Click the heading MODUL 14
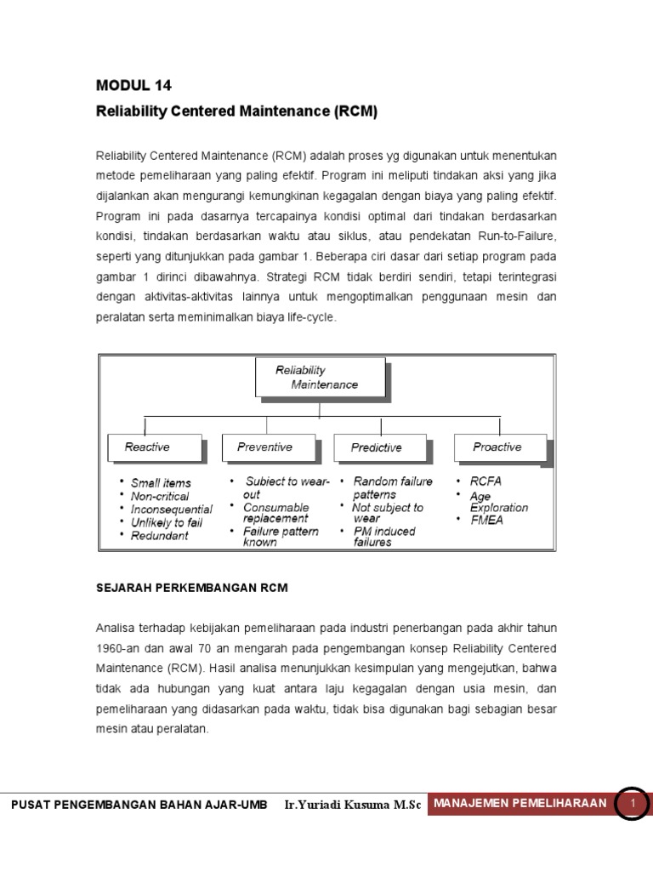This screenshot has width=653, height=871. click(x=139, y=84)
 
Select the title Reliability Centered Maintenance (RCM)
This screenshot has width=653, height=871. click(x=236, y=111)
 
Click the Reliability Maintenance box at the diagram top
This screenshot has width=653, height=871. click(x=320, y=377)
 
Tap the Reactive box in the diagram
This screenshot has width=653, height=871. click(x=153, y=447)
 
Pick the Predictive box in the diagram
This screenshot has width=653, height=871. click(x=377, y=447)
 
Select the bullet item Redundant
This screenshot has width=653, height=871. click(x=159, y=535)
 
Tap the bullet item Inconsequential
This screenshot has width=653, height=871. click(x=171, y=509)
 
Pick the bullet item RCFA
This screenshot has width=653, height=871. click(x=485, y=481)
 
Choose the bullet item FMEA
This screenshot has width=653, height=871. click(x=486, y=521)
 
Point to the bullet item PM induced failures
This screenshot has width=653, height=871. click(x=383, y=537)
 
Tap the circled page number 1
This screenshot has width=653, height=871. click(x=632, y=802)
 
